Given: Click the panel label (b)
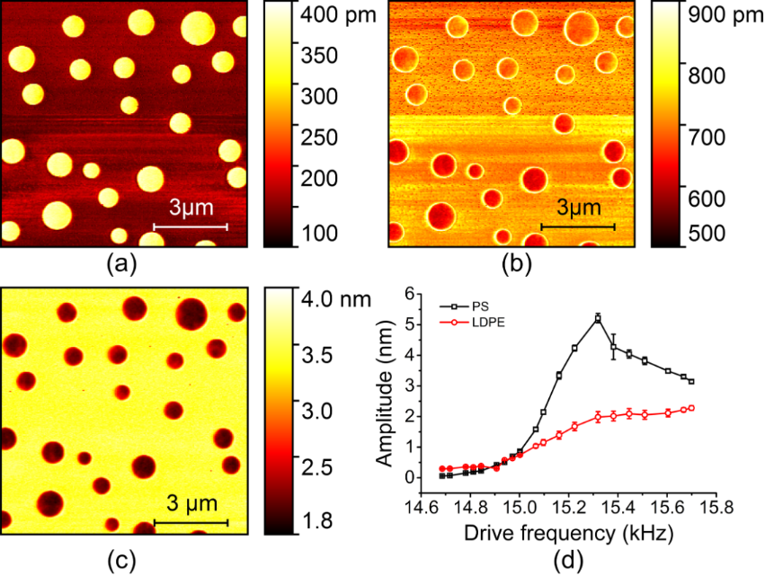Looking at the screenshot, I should click(x=511, y=264).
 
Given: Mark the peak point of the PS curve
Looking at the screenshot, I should click(x=598, y=318).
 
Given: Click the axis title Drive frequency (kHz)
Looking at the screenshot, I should click(x=567, y=533).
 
